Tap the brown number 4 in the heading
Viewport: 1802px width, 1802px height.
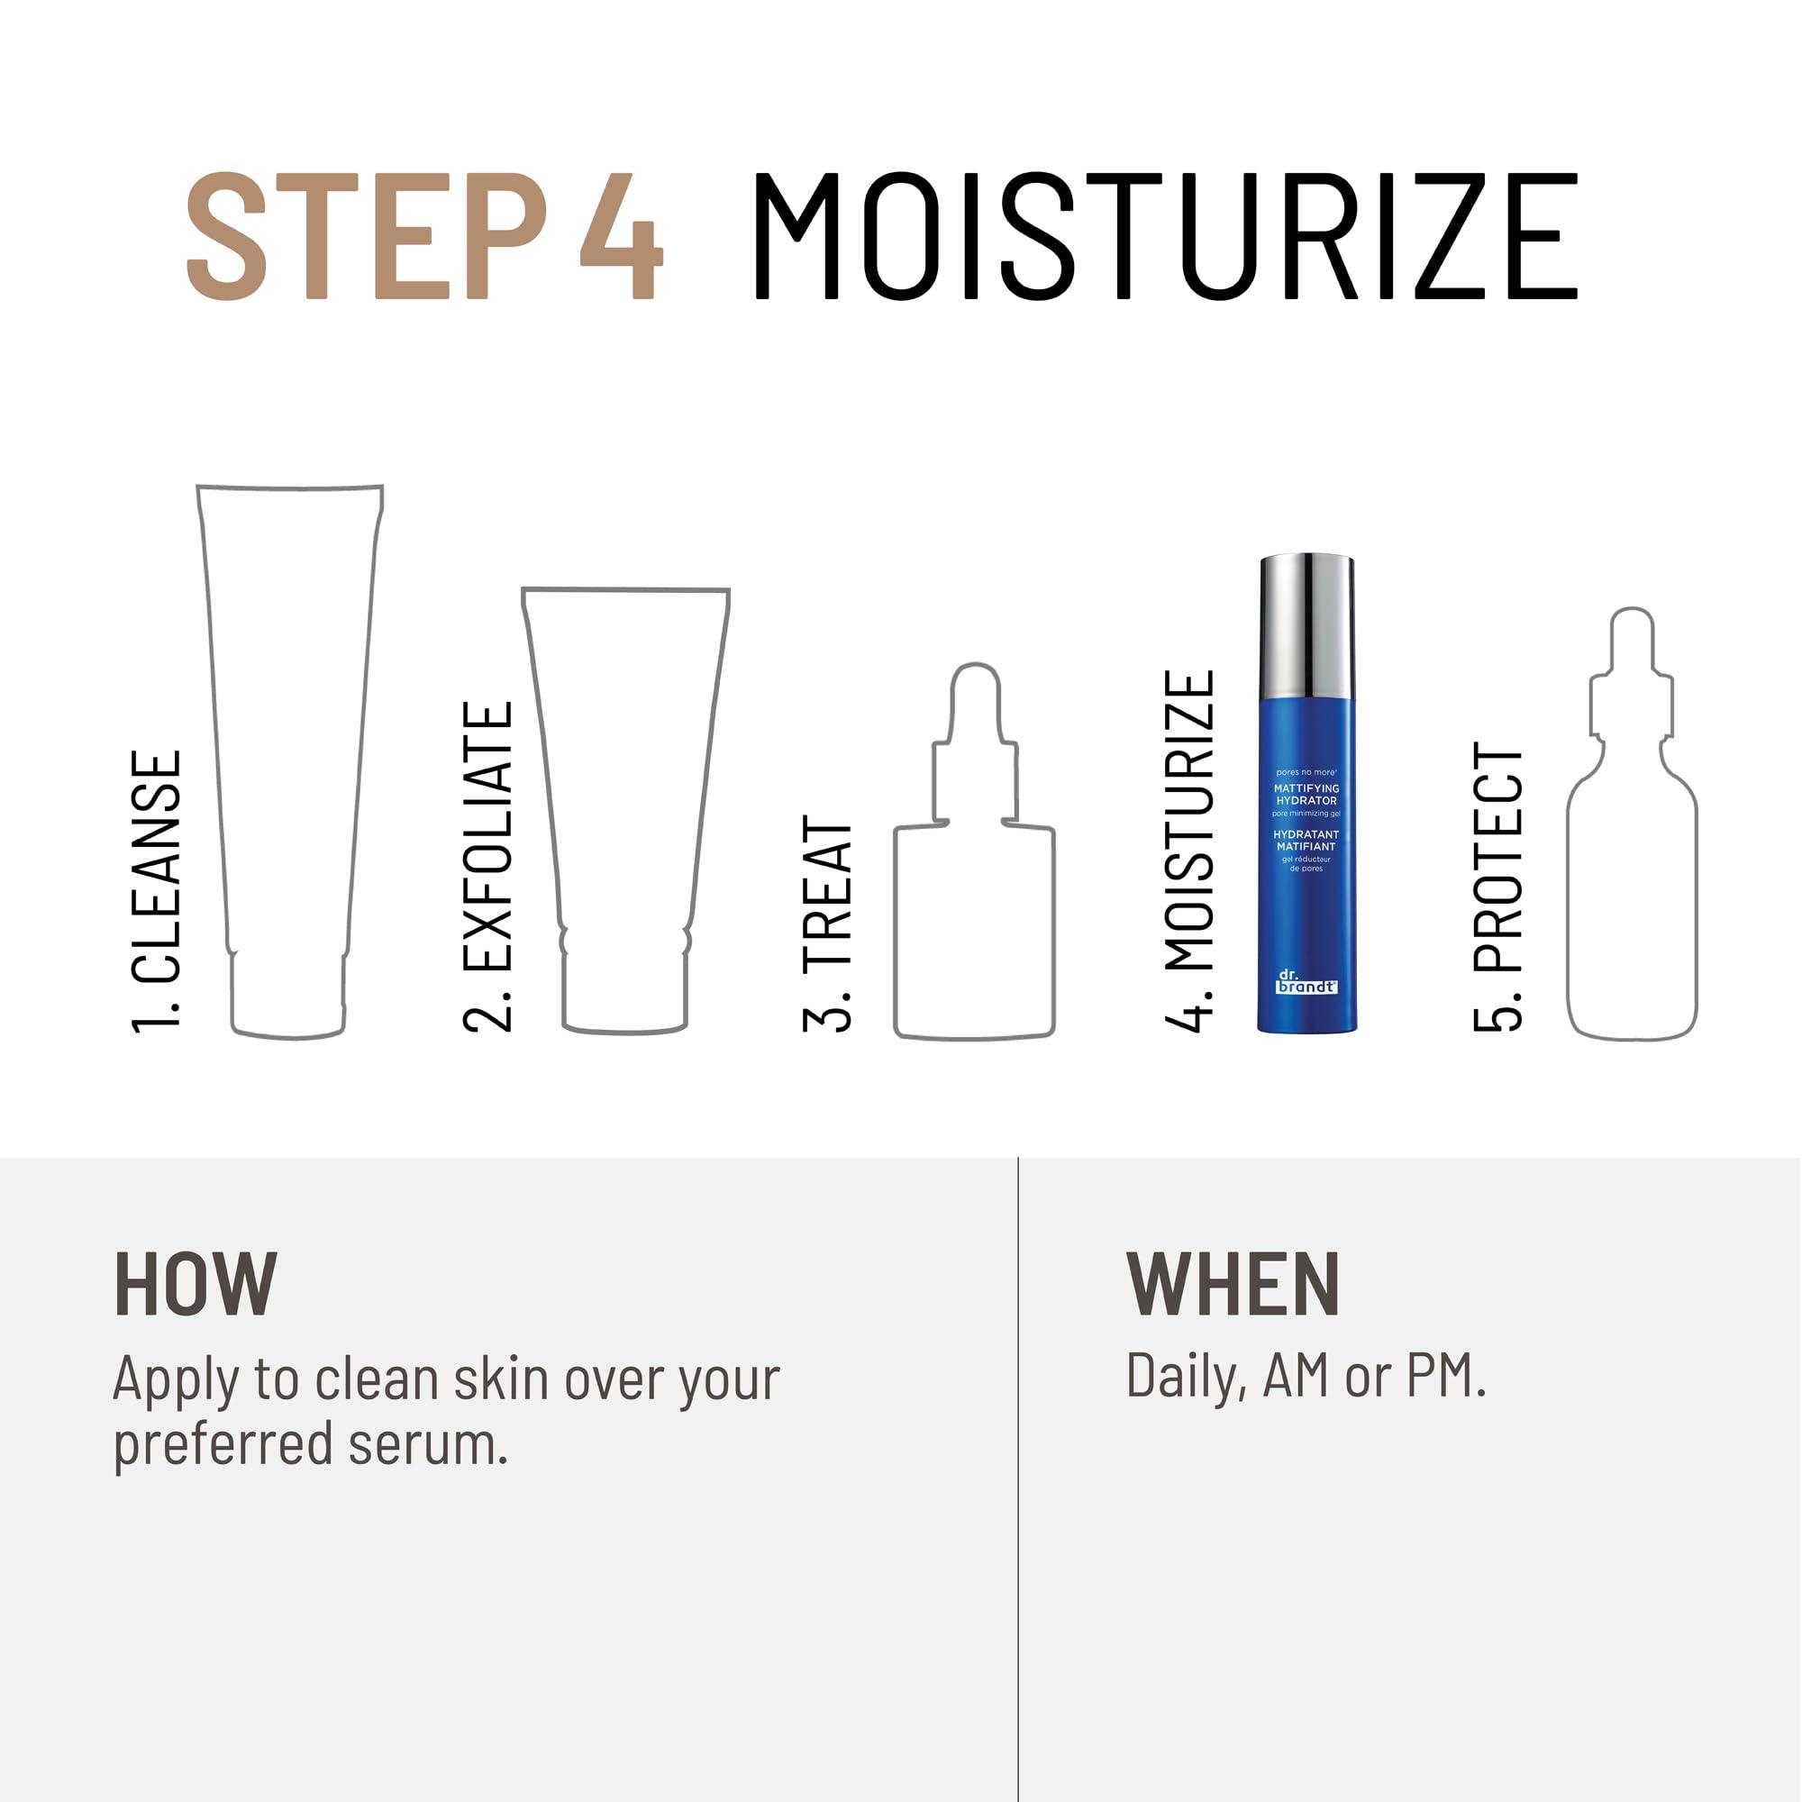(620, 238)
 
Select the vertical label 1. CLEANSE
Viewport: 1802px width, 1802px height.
(156, 892)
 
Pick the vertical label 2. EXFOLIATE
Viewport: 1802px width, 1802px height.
(487, 868)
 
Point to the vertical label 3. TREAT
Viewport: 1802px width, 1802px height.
(827, 924)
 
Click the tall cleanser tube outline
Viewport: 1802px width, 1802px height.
(289, 746)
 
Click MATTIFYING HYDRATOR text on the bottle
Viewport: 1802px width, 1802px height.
(1306, 795)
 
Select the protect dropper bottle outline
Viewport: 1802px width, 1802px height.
(1632, 877)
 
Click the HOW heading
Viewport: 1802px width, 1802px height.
(195, 1286)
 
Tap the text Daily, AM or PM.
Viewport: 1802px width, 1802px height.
(1305, 1376)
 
